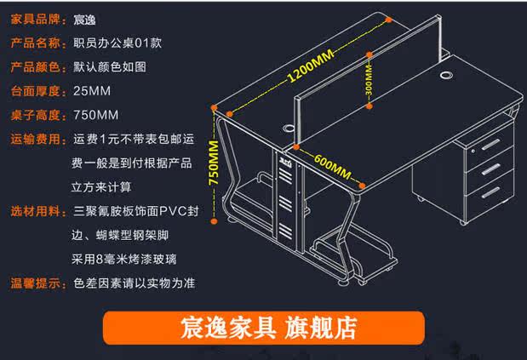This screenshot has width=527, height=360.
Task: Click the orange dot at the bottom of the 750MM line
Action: (214, 218)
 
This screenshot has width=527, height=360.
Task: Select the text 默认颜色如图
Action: (110, 66)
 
